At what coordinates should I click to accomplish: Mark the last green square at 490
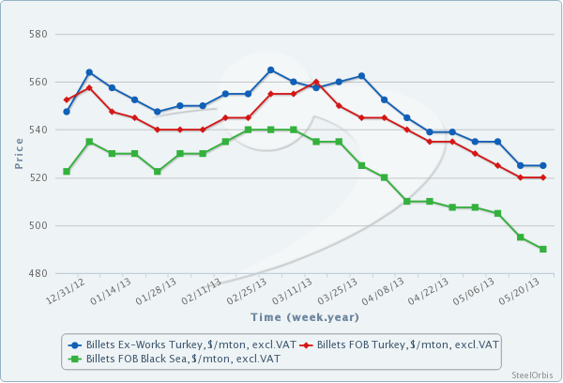click(543, 249)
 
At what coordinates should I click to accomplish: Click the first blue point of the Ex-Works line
click(67, 112)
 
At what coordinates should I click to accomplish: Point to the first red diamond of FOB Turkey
click(67, 100)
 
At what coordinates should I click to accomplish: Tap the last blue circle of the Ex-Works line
click(543, 165)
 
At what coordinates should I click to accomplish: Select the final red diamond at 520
click(543, 177)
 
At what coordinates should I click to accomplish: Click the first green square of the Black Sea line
click(67, 172)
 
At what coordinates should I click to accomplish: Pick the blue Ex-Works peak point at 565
click(271, 70)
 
